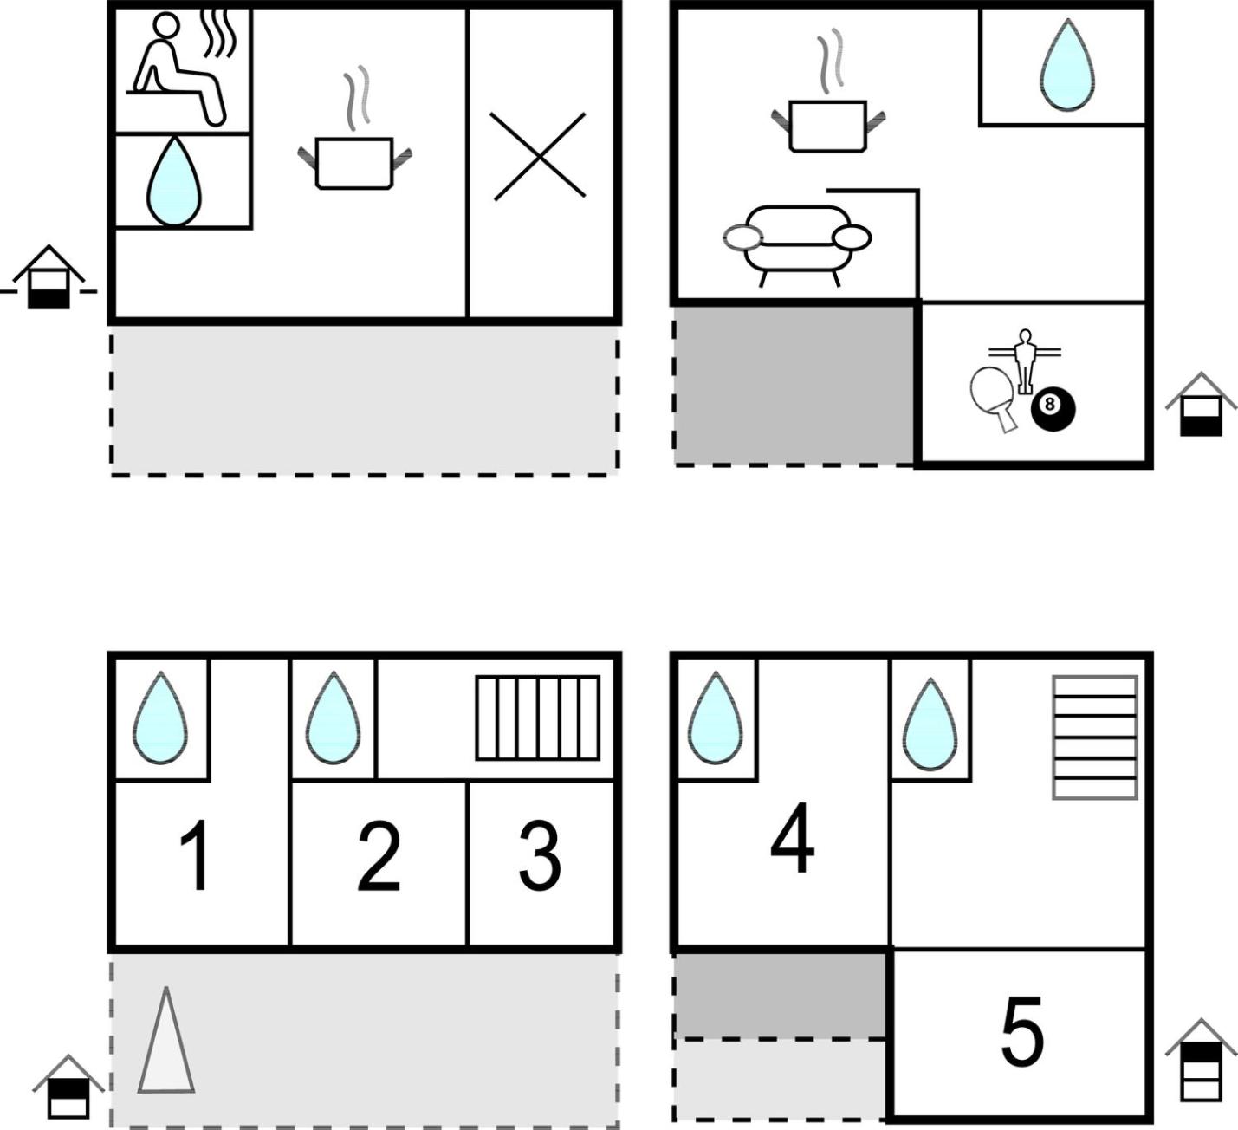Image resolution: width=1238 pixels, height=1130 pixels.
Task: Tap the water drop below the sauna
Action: point(174,181)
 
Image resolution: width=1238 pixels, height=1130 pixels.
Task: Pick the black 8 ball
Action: point(1053,409)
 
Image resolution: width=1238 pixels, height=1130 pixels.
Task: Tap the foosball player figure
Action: point(1025,361)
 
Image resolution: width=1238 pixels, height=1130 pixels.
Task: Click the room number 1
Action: point(194,855)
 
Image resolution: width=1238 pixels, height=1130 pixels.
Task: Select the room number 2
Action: point(379,855)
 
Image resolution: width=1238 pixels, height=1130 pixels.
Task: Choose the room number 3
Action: point(540,855)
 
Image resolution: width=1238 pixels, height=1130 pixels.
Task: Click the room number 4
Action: point(793,837)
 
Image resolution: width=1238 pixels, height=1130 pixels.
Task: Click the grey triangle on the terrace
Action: point(166,1040)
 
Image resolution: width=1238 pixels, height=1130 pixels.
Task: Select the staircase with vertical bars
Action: point(537,718)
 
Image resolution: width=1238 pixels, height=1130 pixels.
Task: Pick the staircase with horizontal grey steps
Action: point(1095,737)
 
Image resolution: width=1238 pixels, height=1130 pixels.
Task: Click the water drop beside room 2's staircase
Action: point(334,718)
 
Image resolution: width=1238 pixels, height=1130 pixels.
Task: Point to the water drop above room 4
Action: point(716,718)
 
